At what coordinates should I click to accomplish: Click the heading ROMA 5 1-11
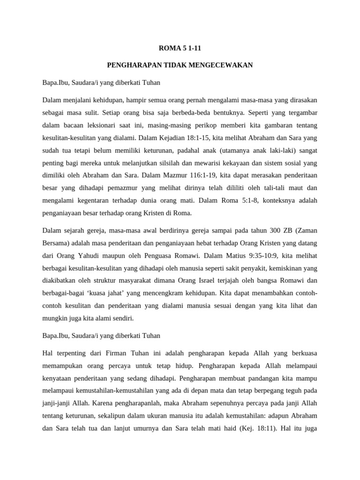click(180, 47)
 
